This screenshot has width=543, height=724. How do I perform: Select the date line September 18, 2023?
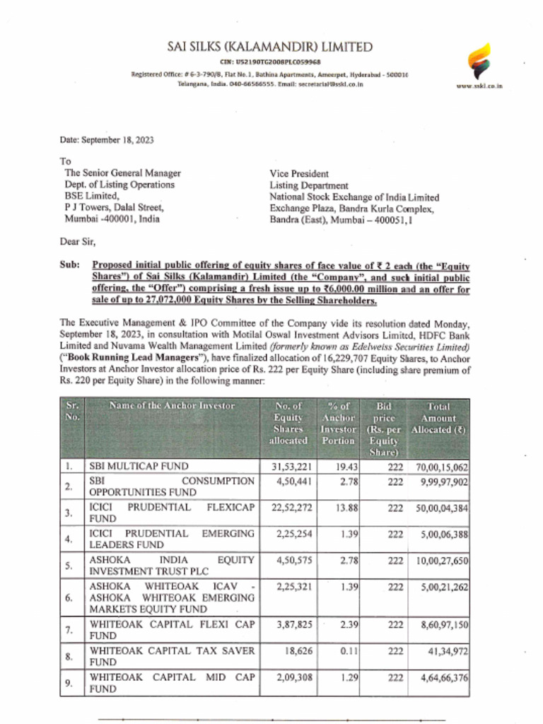[107, 140]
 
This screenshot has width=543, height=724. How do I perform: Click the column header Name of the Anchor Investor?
[172, 406]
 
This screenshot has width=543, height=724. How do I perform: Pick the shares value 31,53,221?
[288, 467]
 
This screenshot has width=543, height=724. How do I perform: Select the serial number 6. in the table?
[69, 597]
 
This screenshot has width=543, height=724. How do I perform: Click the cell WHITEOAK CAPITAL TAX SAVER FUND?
[171, 656]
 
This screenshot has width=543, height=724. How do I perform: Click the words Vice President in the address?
[299, 174]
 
